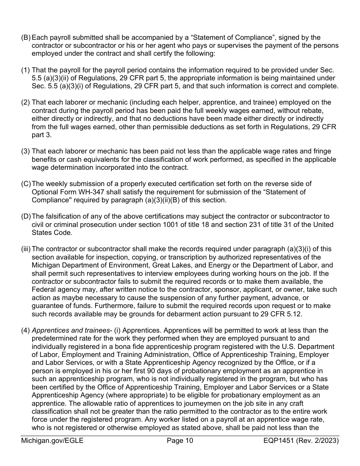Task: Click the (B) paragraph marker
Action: pos(26,38)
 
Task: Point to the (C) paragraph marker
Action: pos(26,184)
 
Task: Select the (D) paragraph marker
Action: pos(26,216)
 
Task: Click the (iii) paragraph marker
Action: pos(26,249)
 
